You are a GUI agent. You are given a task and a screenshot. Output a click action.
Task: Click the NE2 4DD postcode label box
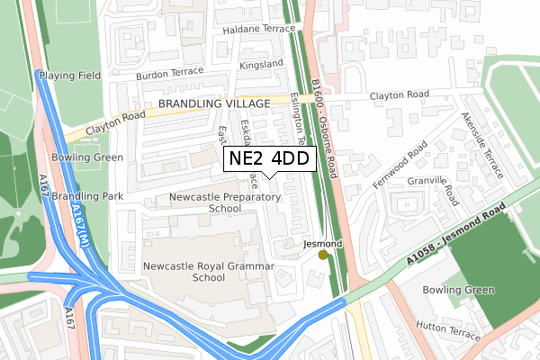tap(268, 159)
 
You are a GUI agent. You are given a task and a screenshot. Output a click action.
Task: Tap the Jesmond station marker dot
tap(323, 256)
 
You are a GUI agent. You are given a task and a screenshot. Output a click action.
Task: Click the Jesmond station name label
tap(322, 244)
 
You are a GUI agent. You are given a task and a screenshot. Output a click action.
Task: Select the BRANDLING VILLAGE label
tap(214, 104)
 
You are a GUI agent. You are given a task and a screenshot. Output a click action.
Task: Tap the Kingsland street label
tap(261, 66)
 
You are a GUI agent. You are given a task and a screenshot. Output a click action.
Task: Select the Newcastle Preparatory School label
tap(225, 202)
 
